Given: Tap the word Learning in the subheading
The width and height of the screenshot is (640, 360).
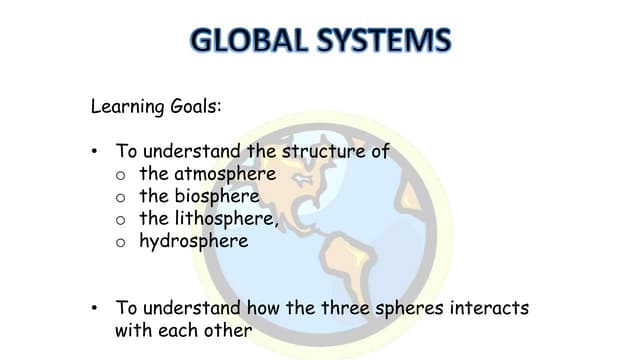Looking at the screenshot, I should tap(124, 105).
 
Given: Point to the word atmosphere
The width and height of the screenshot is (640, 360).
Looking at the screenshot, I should tap(222, 174).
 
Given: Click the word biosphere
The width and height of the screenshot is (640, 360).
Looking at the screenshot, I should tap(214, 196).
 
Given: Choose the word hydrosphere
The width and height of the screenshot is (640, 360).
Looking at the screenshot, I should tap(194, 241).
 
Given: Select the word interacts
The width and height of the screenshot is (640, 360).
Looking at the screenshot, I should tap(484, 308).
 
